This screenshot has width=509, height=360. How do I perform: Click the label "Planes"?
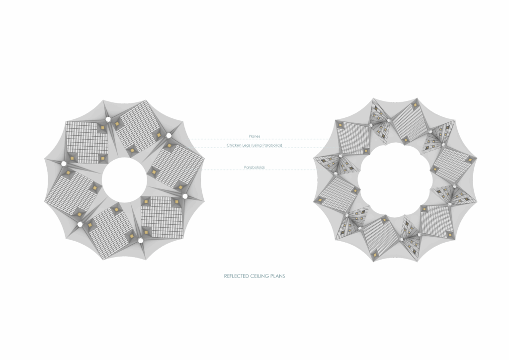[254, 136]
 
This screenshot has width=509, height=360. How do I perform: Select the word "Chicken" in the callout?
[234, 145]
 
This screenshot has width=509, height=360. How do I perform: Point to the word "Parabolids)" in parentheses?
[272, 145]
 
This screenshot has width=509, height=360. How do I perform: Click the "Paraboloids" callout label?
[254, 167]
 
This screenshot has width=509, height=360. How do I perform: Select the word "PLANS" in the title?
[278, 276]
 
